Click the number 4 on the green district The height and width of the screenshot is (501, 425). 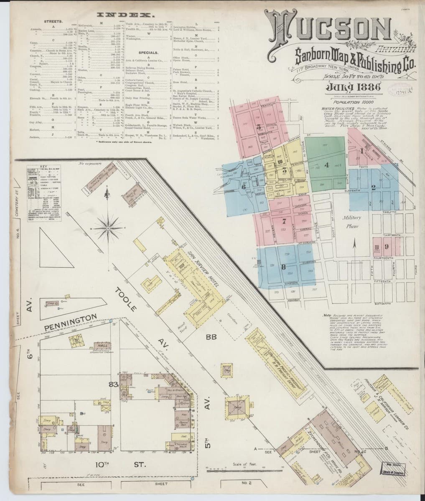[327, 164]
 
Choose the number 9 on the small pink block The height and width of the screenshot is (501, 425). [387, 246]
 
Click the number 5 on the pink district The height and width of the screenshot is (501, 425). [259, 127]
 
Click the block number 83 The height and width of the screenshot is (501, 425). [112, 384]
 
